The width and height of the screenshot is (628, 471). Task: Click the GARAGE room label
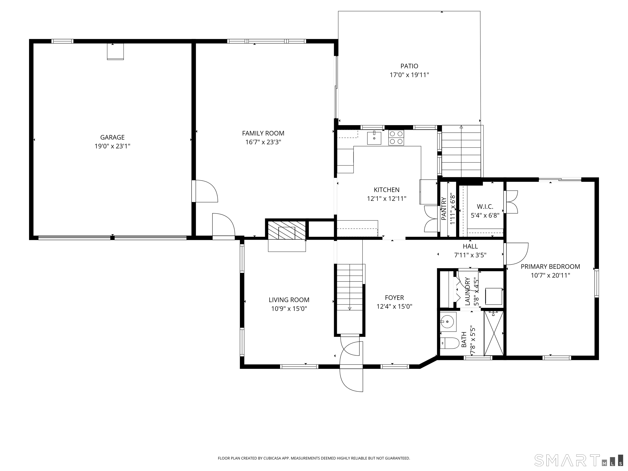point(112,137)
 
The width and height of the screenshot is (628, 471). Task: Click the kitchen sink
point(374,138)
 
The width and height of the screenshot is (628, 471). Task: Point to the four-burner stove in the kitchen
point(396,138)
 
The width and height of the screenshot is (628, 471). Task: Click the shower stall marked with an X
point(494,333)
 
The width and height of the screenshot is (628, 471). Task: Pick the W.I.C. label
point(485,207)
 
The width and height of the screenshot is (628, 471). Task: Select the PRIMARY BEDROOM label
point(550,267)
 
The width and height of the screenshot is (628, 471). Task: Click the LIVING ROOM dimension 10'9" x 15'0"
point(289,309)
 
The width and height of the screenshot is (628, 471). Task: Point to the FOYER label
point(394,297)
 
